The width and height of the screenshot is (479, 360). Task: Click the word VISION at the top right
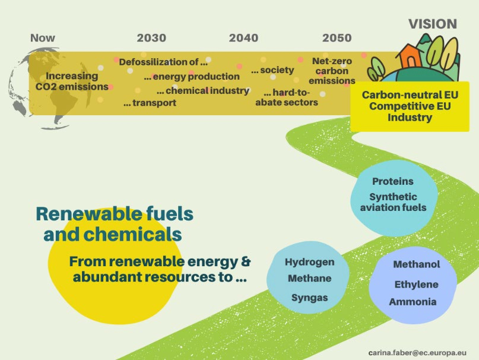pyautogui.click(x=433, y=24)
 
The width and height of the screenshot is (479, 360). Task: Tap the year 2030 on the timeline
pyautogui.click(x=151, y=38)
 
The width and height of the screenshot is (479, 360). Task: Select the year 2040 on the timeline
pyautogui.click(x=243, y=38)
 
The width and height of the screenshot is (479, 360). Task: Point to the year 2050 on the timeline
pyautogui.click(x=337, y=38)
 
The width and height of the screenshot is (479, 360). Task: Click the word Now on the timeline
pyautogui.click(x=43, y=38)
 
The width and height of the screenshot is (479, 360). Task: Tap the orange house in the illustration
pyautogui.click(x=410, y=56)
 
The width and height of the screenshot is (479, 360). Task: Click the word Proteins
pyautogui.click(x=393, y=181)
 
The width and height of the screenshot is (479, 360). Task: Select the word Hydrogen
pyautogui.click(x=309, y=262)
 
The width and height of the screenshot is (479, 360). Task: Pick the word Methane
pyautogui.click(x=309, y=279)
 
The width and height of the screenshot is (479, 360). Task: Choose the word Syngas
pyautogui.click(x=309, y=298)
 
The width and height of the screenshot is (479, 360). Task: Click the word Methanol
pyautogui.click(x=416, y=264)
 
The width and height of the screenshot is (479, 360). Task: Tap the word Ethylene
pyautogui.click(x=416, y=285)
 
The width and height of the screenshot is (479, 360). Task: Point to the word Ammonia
pyautogui.click(x=413, y=302)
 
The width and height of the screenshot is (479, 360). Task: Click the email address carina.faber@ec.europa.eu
pyautogui.click(x=417, y=353)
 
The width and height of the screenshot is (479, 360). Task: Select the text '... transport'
pyautogui.click(x=150, y=103)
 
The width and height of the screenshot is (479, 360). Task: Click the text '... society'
pyautogui.click(x=272, y=70)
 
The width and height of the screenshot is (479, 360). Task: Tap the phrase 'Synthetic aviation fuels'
pyautogui.click(x=393, y=202)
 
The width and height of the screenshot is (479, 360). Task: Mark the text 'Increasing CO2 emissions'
pyautogui.click(x=72, y=81)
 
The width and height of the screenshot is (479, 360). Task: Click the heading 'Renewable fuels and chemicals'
pyautogui.click(x=115, y=224)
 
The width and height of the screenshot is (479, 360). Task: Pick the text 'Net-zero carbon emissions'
pyautogui.click(x=332, y=71)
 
